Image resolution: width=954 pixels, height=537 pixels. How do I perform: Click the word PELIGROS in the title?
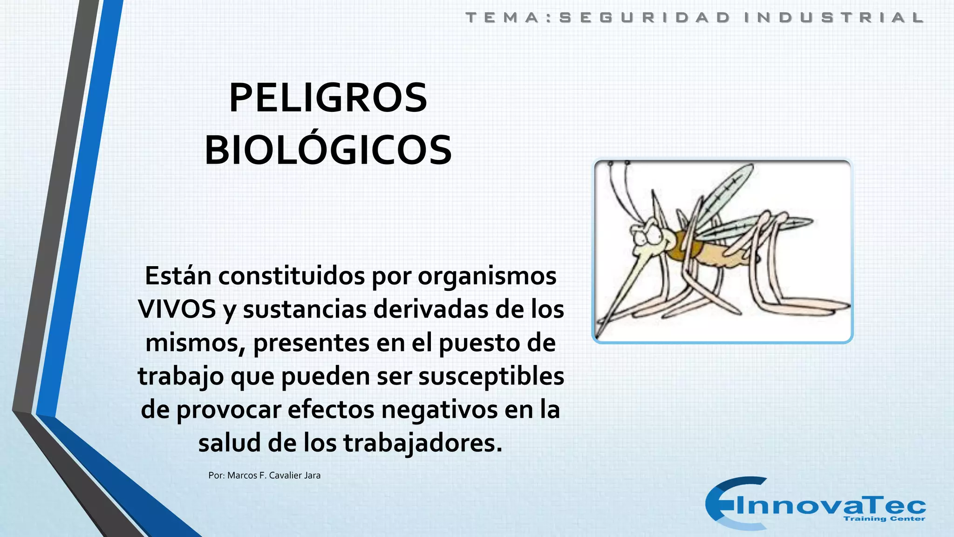click(x=328, y=98)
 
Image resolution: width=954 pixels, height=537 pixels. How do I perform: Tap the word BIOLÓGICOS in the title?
click(x=328, y=151)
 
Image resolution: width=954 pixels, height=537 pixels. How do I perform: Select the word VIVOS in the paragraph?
click(x=177, y=309)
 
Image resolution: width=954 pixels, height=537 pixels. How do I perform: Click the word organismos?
click(x=487, y=276)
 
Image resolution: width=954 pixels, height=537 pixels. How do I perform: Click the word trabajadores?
click(x=423, y=443)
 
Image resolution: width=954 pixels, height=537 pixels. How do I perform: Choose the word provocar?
click(x=229, y=410)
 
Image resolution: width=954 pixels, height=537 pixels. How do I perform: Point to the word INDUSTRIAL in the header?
click(x=834, y=18)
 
